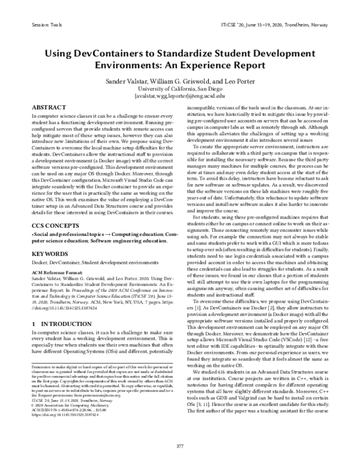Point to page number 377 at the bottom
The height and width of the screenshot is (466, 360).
(x=179, y=446)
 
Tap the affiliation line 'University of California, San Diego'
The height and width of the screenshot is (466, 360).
(x=179, y=88)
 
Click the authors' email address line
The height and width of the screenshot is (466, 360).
(x=179, y=95)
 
